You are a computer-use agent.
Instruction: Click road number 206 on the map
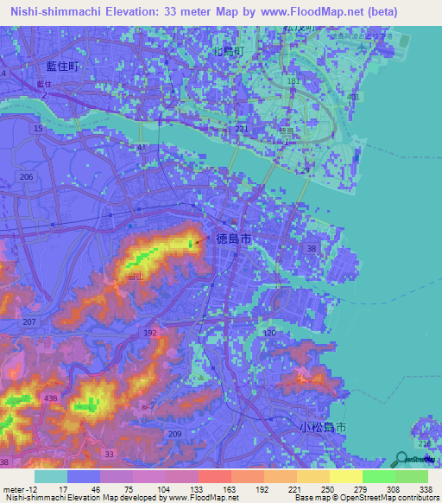coord(27,176)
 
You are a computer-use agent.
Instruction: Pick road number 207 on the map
coord(31,322)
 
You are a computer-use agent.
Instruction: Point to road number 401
coord(352,97)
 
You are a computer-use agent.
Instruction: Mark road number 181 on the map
coord(294,80)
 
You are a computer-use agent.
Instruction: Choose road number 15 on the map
coord(37,129)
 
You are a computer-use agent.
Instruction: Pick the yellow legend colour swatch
coord(345,476)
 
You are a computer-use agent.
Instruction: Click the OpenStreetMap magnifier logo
coord(401,461)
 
